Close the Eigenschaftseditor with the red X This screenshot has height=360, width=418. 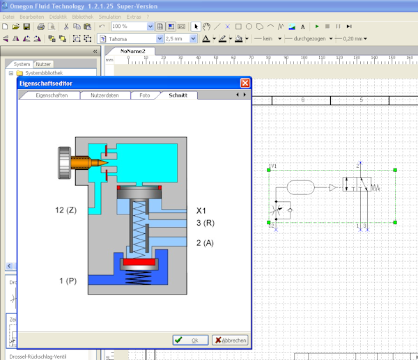(245, 84)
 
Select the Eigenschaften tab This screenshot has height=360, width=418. (52, 95)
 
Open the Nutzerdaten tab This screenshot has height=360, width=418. (104, 95)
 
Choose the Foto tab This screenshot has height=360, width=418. (144, 95)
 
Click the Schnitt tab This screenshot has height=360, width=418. (178, 95)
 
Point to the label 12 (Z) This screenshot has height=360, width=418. (65, 210)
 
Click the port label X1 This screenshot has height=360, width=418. (202, 210)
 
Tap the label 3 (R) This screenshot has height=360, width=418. (204, 223)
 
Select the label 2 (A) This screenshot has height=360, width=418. (204, 242)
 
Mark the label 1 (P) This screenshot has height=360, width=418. (68, 280)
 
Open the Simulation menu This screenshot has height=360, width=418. (109, 16)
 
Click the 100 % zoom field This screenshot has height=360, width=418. (129, 26)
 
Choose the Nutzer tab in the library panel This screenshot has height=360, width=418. (44, 63)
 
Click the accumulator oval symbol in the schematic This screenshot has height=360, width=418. (301, 187)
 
